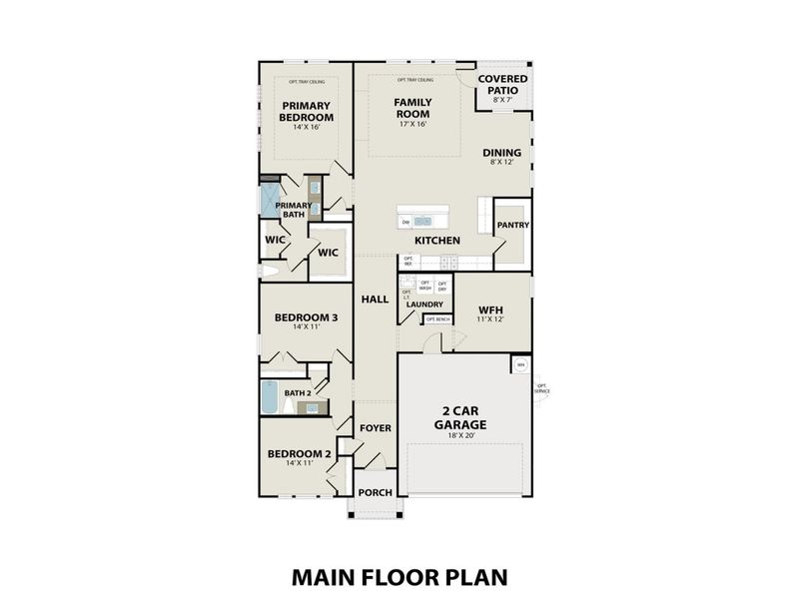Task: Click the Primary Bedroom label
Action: [x=307, y=112]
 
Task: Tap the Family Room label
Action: [x=411, y=109]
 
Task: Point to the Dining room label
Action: [x=502, y=155]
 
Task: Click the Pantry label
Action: [x=512, y=226]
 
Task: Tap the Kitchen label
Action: [x=437, y=241]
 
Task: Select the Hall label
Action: [x=375, y=299]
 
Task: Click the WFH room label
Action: [x=489, y=311]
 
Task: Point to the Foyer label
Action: [x=376, y=428]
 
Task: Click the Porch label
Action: [x=376, y=492]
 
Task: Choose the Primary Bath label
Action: [x=295, y=209]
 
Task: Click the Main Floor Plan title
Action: [x=399, y=576]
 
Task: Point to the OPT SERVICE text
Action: [x=542, y=388]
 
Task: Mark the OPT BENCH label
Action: [x=438, y=319]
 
